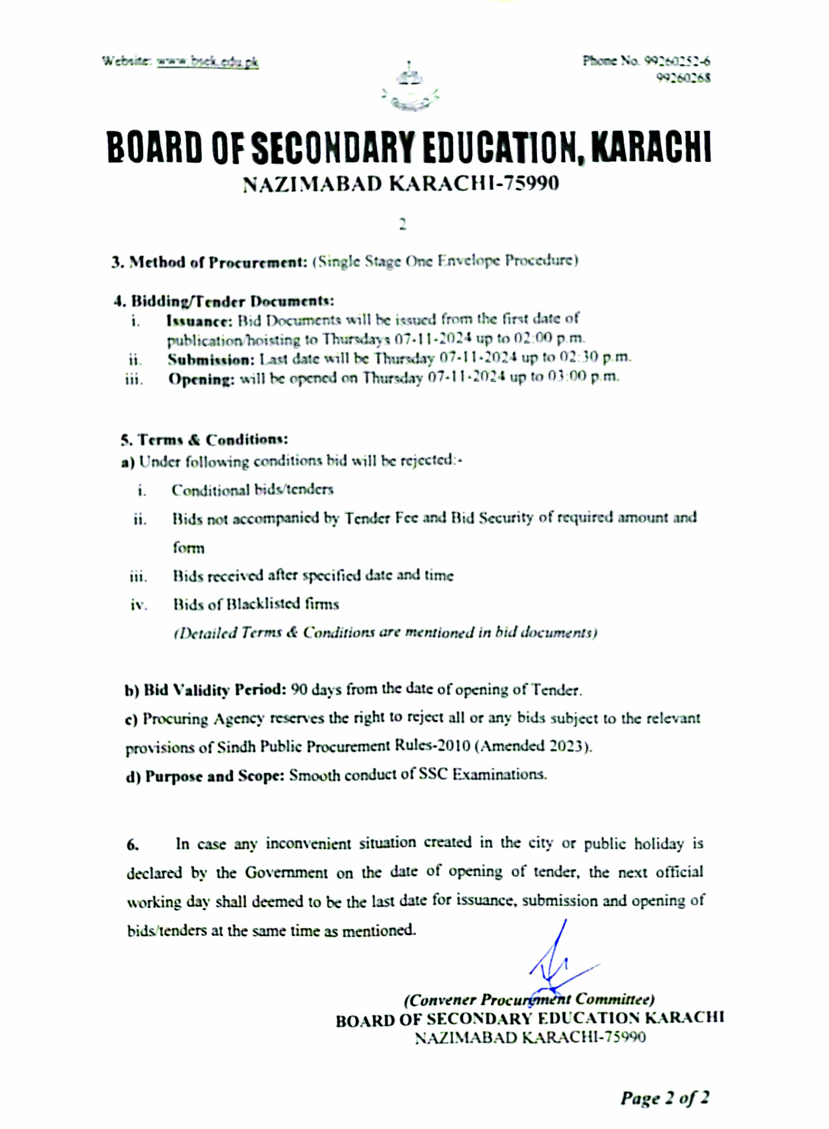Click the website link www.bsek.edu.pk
point(208,62)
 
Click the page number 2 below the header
point(403,225)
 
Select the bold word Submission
point(211,359)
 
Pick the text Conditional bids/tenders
point(252,490)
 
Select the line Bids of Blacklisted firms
point(256,604)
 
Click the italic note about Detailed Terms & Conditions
point(385,633)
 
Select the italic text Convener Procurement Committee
point(529,999)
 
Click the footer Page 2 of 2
point(664,1098)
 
